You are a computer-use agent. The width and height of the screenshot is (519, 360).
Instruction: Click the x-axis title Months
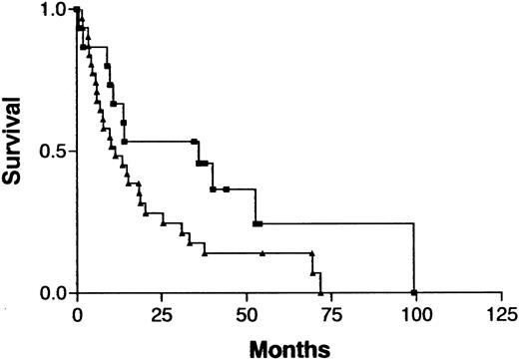(296, 347)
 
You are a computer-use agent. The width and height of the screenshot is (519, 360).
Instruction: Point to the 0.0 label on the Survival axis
(52, 294)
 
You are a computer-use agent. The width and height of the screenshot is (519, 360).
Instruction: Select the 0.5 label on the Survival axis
(52, 152)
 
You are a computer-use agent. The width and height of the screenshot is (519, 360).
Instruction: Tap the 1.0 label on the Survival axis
(52, 10)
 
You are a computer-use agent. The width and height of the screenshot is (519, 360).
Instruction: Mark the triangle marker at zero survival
(320, 293)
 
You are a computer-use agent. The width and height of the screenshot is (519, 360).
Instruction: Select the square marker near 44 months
(227, 189)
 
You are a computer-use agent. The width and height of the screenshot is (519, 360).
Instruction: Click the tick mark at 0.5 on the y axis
(72, 152)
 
